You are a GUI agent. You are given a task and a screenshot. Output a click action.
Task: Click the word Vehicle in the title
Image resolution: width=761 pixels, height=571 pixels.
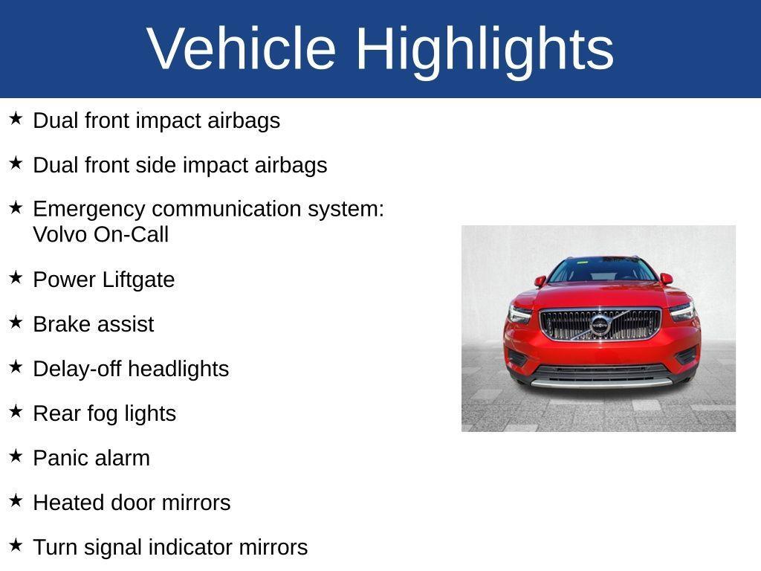click(242, 48)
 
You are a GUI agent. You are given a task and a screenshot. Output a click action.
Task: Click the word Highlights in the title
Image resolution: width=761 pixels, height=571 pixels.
click(485, 48)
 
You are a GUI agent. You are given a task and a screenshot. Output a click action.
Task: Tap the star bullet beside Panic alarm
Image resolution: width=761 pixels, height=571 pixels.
click(16, 456)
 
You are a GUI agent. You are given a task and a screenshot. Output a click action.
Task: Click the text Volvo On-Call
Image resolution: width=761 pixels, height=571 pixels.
click(101, 235)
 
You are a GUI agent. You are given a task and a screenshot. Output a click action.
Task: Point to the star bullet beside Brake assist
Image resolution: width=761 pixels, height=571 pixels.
click(16, 322)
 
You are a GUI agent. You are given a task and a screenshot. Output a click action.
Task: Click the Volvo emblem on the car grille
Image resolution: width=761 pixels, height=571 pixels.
click(600, 325)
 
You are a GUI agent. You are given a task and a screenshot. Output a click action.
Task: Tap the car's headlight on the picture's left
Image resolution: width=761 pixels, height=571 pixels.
click(520, 313)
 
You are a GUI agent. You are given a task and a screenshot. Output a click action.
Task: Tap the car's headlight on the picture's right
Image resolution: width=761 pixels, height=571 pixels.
click(681, 311)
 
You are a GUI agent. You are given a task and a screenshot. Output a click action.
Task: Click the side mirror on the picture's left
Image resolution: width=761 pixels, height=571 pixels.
click(540, 281)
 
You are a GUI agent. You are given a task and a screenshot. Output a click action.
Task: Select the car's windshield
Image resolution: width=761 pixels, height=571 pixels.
click(602, 270)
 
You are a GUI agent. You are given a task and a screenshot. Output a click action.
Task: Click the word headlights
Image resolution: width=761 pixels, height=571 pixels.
click(186, 369)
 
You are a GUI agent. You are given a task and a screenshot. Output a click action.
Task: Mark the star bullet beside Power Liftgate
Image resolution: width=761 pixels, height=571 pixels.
click(16, 277)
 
